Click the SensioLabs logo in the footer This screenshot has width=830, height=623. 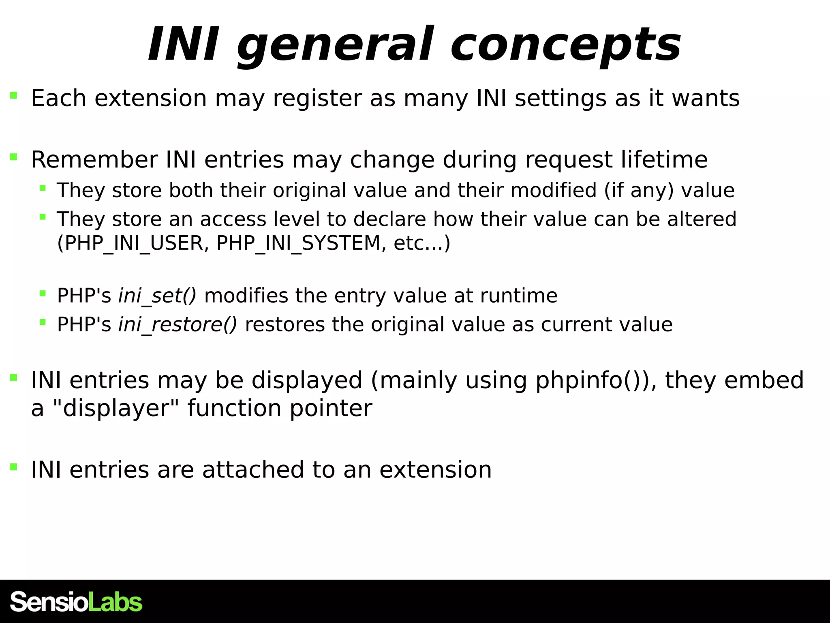[76, 602]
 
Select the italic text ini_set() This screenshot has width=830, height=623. [157, 296]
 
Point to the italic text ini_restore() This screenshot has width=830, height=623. [178, 325]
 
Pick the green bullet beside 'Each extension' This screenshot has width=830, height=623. [14, 96]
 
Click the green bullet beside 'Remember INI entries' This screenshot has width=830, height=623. [14, 157]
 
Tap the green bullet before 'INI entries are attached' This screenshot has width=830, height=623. [14, 467]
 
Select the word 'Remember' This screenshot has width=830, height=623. [94, 159]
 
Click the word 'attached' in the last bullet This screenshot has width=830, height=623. [253, 470]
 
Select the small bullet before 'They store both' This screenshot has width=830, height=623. [43, 188]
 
